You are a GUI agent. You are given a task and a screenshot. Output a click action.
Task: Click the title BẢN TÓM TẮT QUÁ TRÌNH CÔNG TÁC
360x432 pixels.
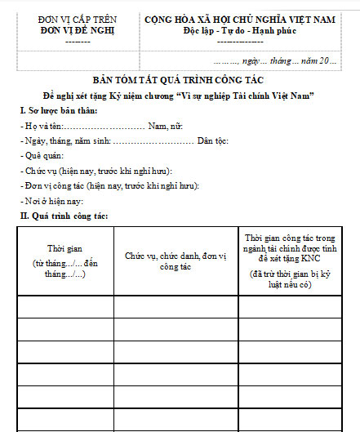point(180,81)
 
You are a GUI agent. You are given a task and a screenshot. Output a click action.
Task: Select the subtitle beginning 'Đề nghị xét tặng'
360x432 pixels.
point(180,96)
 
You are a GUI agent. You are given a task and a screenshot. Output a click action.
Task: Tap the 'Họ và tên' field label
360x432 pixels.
point(42,127)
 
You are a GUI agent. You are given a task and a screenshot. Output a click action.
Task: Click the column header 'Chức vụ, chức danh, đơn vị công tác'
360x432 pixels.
point(175,261)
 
